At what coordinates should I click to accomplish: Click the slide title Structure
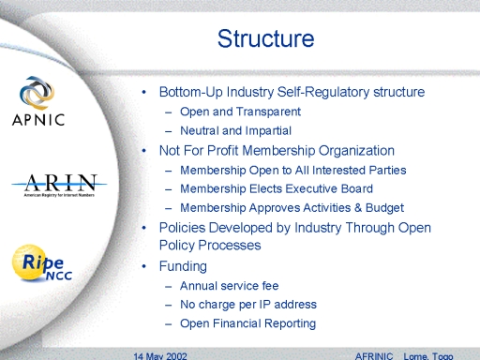pyautogui.click(x=265, y=38)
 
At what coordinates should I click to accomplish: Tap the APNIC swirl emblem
pyautogui.click(x=37, y=93)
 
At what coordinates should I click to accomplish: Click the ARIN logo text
pyautogui.click(x=60, y=183)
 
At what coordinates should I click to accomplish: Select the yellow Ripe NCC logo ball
pyautogui.click(x=30, y=262)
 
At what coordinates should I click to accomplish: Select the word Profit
pyautogui.click(x=223, y=151)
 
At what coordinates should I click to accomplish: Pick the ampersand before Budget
pyautogui.click(x=358, y=208)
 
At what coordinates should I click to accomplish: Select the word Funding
pyautogui.click(x=183, y=266)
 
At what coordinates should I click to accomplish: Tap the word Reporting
pyautogui.click(x=290, y=323)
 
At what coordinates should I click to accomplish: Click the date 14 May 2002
pyautogui.click(x=160, y=356)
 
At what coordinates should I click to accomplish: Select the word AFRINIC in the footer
pyautogui.click(x=374, y=356)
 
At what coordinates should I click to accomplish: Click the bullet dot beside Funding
pyautogui.click(x=143, y=266)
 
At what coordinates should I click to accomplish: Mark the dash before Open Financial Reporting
pyautogui.click(x=169, y=324)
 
